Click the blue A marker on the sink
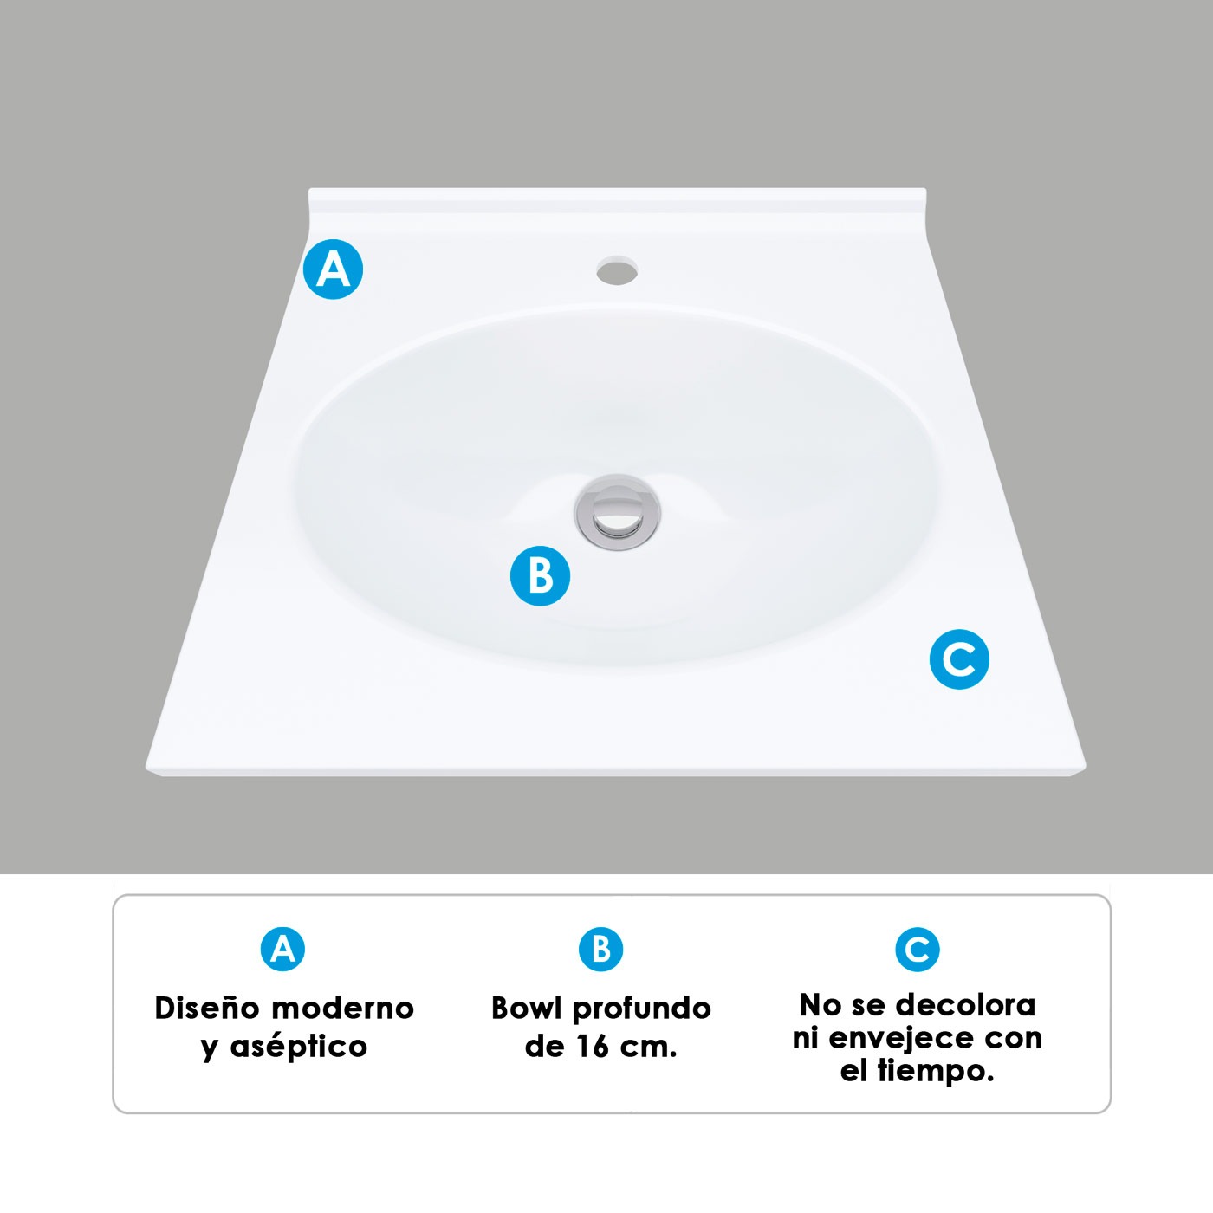click(334, 269)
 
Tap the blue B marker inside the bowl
click(540, 575)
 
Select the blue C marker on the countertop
click(959, 659)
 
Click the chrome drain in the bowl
click(617, 513)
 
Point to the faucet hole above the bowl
click(617, 269)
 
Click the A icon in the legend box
click(282, 950)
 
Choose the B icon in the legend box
click(600, 950)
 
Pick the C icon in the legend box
click(917, 950)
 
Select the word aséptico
click(298, 1047)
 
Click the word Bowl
click(526, 1008)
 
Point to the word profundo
click(642, 1009)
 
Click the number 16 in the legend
click(593, 1047)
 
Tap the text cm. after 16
click(648, 1047)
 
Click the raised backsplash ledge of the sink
click(617, 200)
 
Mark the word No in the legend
click(820, 1005)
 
